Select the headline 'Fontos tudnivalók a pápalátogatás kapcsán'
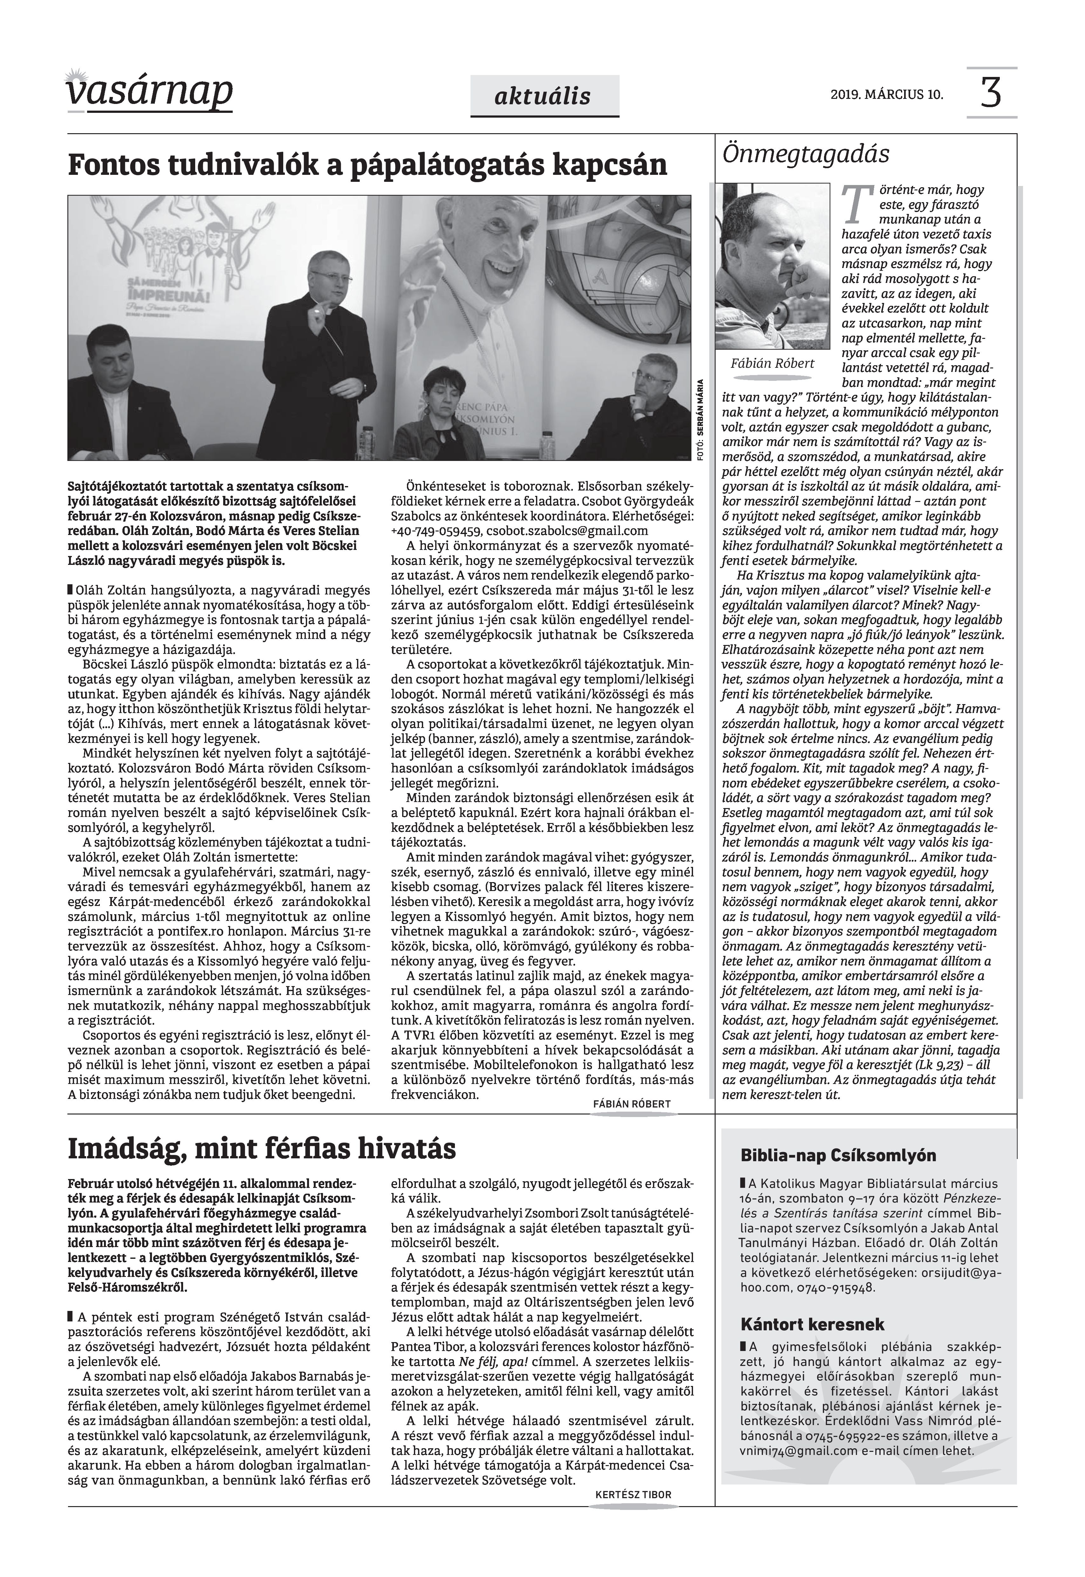tap(367, 165)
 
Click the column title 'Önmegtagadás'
tap(806, 154)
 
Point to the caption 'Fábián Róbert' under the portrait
tap(772, 364)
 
